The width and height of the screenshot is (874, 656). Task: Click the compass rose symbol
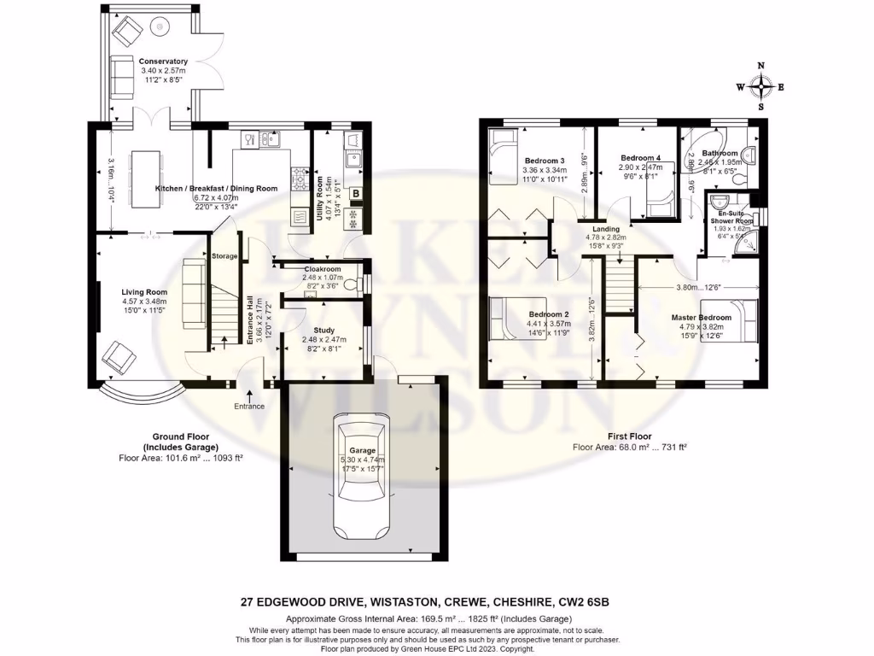pyautogui.click(x=760, y=85)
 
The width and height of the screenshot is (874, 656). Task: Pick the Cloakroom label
pyautogui.click(x=323, y=268)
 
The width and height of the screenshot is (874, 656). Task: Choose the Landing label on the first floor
pyautogui.click(x=607, y=228)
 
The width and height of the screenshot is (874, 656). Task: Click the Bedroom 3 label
pyautogui.click(x=545, y=161)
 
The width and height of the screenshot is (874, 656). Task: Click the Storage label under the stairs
pyautogui.click(x=225, y=256)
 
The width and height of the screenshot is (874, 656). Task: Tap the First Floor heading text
pyautogui.click(x=629, y=436)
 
